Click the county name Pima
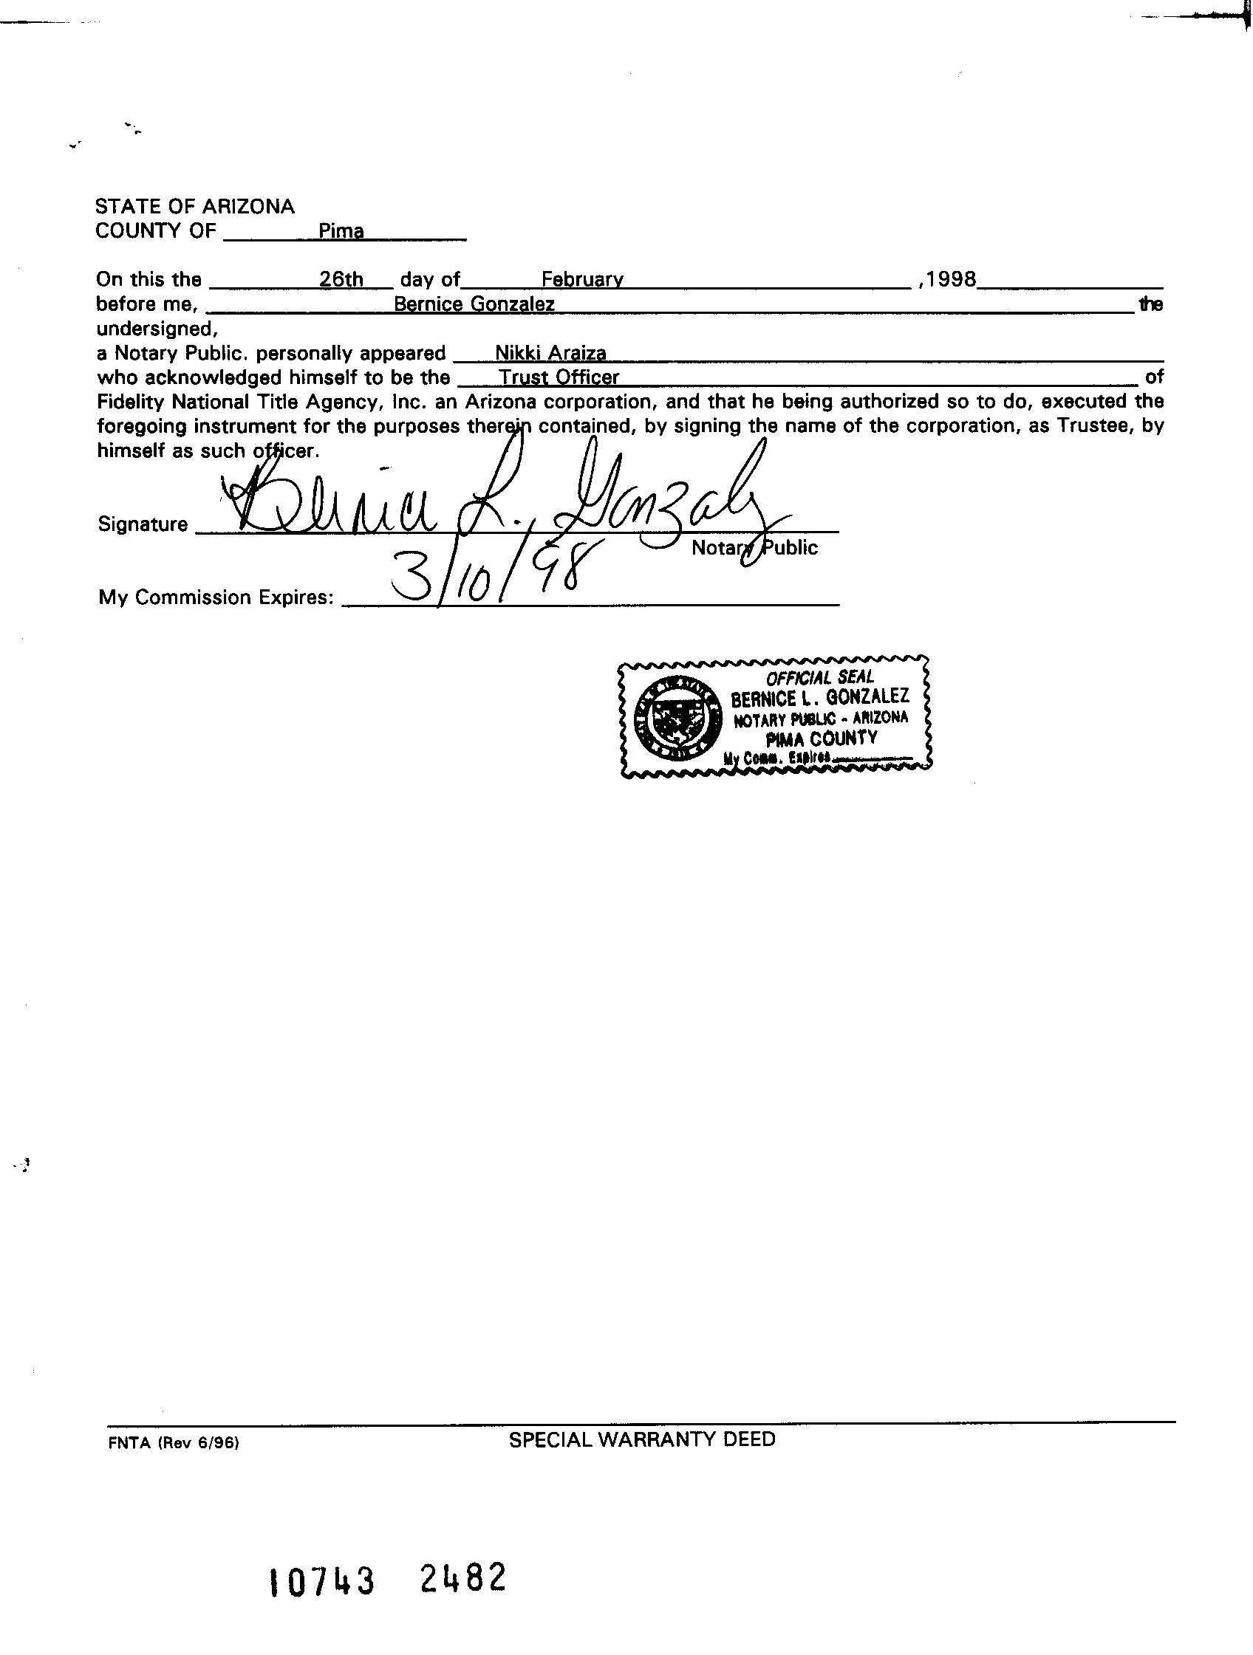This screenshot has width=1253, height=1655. coord(341,232)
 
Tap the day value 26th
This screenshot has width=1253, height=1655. coord(341,280)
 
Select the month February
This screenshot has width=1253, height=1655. coord(581,280)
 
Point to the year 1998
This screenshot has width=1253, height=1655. coord(951,279)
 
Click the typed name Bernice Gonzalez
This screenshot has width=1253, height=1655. coord(474,304)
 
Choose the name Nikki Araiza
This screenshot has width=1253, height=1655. coord(550,353)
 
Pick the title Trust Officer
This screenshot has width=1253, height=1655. coord(559,378)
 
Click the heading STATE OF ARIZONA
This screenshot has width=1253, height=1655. coord(194,207)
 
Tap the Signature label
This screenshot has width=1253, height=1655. coord(143,524)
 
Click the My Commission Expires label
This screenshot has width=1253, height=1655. coord(216,597)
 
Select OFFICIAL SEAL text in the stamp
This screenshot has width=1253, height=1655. coord(819,678)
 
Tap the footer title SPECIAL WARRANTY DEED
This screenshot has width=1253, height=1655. coord(641,1439)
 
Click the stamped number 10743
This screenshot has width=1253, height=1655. coord(321,1582)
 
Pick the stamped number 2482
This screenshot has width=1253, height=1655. coord(462,1578)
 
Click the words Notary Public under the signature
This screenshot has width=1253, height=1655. coord(754,548)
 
